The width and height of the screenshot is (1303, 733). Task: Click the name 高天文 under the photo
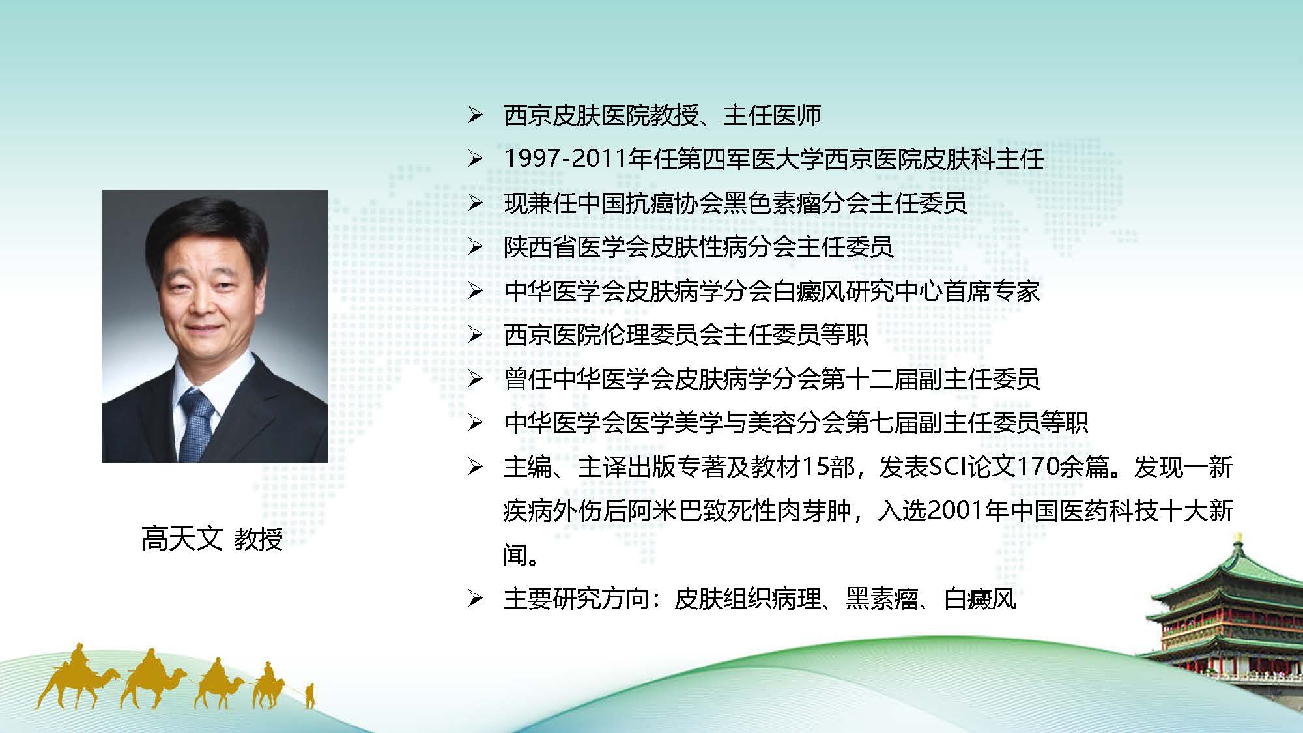182,539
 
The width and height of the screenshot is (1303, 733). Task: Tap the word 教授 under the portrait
258,539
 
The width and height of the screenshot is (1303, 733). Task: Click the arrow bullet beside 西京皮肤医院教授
475,116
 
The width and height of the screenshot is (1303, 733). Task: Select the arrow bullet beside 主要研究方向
475,599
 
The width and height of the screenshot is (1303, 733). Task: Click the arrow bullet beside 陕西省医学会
475,247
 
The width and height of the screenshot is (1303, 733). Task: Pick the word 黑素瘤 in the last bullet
882,599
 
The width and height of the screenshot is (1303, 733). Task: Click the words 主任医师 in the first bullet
772,116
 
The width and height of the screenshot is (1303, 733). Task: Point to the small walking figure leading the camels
310,695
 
